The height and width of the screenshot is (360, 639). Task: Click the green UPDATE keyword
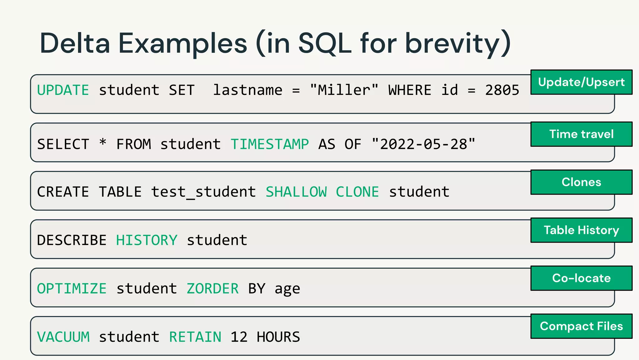(63, 90)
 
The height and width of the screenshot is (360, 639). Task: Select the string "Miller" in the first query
(344, 90)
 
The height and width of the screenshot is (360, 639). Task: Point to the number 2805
(502, 90)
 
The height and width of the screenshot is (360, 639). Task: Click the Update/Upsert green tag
(581, 82)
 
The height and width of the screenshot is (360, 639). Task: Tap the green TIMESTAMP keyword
(270, 144)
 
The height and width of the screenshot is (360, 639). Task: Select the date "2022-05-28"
(423, 144)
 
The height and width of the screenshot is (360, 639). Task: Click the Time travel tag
(581, 134)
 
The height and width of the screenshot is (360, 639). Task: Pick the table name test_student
(203, 192)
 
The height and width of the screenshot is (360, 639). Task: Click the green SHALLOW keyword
(296, 192)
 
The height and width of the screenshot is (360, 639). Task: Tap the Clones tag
(581, 182)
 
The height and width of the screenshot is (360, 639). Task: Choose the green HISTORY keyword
(147, 240)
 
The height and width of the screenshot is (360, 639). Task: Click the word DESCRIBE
(72, 240)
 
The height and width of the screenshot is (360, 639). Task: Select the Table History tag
(581, 230)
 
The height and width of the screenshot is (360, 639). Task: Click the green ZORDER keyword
(212, 288)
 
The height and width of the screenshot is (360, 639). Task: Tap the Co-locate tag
(581, 278)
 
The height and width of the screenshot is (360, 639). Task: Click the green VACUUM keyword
(63, 337)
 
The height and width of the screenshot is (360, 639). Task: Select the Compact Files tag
(581, 326)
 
